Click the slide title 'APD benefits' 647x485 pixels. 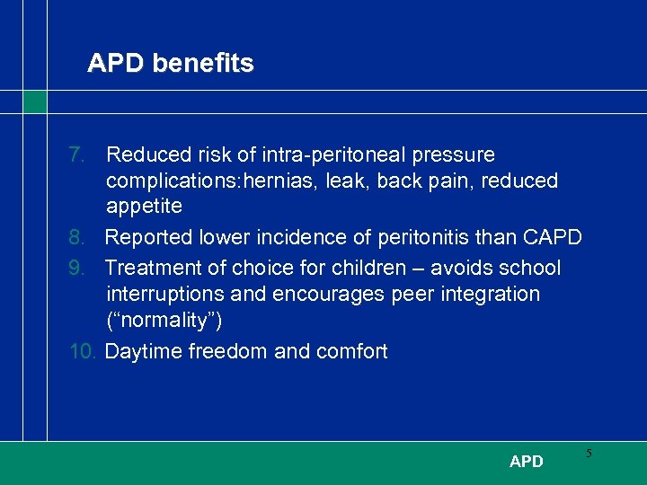click(x=171, y=64)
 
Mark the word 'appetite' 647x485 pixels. click(x=144, y=207)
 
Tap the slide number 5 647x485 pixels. click(x=589, y=454)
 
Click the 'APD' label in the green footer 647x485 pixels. click(x=526, y=462)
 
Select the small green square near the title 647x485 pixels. click(x=34, y=101)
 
